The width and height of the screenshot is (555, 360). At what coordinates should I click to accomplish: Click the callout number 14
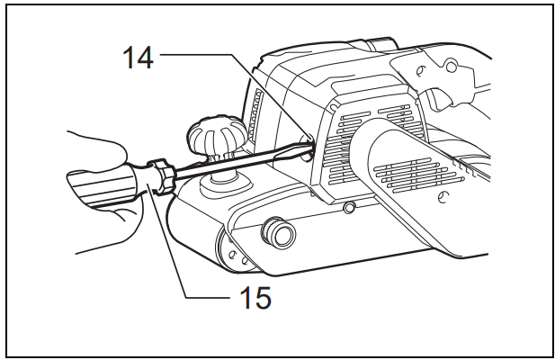138,57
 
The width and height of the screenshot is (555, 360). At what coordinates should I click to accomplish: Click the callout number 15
255,297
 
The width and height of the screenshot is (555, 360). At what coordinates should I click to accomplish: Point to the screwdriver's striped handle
103,185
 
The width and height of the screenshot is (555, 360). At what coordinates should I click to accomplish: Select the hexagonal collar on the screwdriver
163,176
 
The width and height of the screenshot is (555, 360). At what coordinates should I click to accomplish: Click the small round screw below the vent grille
350,207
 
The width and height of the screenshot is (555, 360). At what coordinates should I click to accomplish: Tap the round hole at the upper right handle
452,67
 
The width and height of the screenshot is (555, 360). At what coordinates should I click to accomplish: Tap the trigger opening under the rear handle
438,99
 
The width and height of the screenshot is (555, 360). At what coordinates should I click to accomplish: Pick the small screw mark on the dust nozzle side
443,197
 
